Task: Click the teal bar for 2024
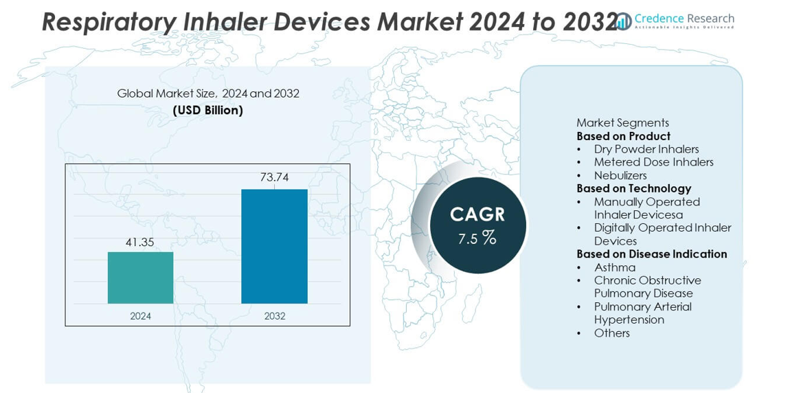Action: click(140, 278)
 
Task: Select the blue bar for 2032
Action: click(274, 246)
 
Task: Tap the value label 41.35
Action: click(140, 243)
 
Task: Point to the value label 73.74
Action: click(274, 177)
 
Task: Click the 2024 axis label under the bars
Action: click(140, 316)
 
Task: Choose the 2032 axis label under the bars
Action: click(274, 316)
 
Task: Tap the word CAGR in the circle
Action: click(477, 214)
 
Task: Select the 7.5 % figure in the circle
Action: click(477, 238)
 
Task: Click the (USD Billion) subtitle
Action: click(207, 110)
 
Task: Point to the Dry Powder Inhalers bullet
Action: click(646, 149)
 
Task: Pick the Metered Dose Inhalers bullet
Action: click(653, 162)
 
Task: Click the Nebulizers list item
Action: click(620, 175)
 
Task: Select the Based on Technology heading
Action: click(633, 188)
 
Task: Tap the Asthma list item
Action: click(615, 267)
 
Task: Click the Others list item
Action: click(611, 333)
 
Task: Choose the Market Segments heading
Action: click(622, 123)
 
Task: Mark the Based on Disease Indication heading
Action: click(651, 254)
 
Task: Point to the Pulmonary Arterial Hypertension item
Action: click(642, 313)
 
